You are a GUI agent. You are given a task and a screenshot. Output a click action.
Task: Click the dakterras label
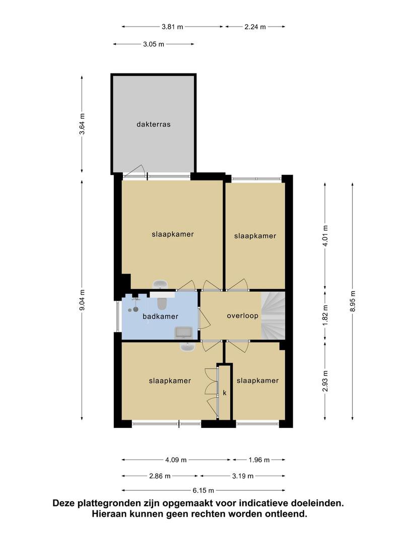point(153,124)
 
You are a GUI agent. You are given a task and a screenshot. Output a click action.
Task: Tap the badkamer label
point(160,316)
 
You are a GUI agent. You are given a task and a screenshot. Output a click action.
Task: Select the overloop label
point(242,316)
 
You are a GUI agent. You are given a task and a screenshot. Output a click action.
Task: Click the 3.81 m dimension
point(172,27)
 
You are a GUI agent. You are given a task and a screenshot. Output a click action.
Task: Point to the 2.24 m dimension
point(255,27)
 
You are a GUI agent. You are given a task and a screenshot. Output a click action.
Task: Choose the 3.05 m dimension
point(153,44)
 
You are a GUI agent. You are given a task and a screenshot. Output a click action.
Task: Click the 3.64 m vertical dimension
point(82,124)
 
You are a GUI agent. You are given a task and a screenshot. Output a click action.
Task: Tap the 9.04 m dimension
point(82,300)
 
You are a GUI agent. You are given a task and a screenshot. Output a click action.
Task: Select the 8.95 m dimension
point(353,302)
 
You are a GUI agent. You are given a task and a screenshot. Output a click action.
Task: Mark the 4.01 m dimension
point(325,236)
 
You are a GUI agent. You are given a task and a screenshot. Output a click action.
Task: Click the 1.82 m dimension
point(325,315)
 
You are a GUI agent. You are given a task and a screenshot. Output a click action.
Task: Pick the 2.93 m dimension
point(325,381)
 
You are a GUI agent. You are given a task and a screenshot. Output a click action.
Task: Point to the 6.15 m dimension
point(203,490)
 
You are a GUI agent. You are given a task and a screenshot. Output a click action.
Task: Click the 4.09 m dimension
point(176,460)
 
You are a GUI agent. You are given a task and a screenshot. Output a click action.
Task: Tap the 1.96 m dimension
point(259,460)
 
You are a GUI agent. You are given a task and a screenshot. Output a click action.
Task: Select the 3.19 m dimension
point(242,476)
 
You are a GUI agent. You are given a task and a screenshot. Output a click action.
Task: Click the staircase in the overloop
point(273,315)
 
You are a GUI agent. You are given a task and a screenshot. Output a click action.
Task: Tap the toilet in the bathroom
point(162,303)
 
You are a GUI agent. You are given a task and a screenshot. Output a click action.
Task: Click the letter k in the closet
point(225,393)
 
